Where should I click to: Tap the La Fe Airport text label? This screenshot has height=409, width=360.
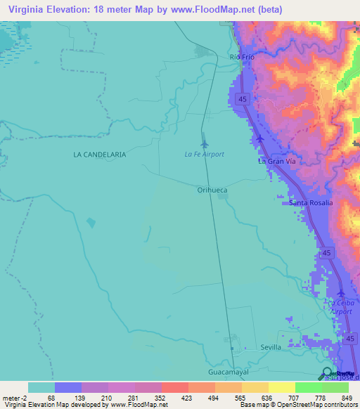point(204,155)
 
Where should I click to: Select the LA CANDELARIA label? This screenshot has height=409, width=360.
point(100,154)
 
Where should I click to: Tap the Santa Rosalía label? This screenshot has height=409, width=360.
point(311,203)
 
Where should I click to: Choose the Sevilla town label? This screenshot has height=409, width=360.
point(271,347)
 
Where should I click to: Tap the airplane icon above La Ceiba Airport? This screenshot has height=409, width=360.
point(341,292)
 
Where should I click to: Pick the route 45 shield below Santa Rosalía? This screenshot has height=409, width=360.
point(325,252)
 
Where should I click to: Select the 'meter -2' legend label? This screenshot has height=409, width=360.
point(15,397)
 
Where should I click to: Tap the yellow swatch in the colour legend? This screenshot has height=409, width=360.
point(281,387)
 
